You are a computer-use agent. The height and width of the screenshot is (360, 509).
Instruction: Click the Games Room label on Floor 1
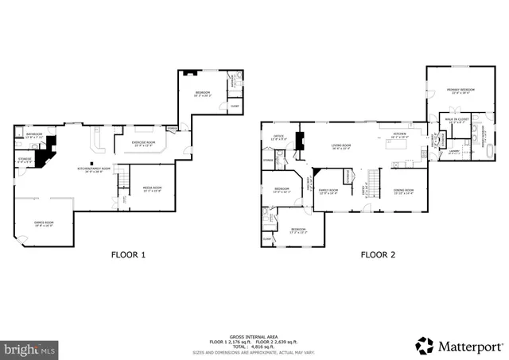[44, 223]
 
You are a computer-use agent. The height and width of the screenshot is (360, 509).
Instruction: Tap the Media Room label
[151, 189]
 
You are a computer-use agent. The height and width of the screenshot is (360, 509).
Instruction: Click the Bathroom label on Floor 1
[34, 135]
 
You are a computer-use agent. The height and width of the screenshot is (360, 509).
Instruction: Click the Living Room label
[342, 146]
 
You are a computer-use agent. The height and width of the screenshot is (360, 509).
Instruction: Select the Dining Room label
[403, 191]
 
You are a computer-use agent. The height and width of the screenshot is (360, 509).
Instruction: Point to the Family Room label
[328, 192]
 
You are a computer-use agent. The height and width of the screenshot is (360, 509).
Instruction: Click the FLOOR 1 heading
[127, 256]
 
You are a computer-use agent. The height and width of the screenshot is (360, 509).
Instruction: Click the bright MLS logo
[30, 348]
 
